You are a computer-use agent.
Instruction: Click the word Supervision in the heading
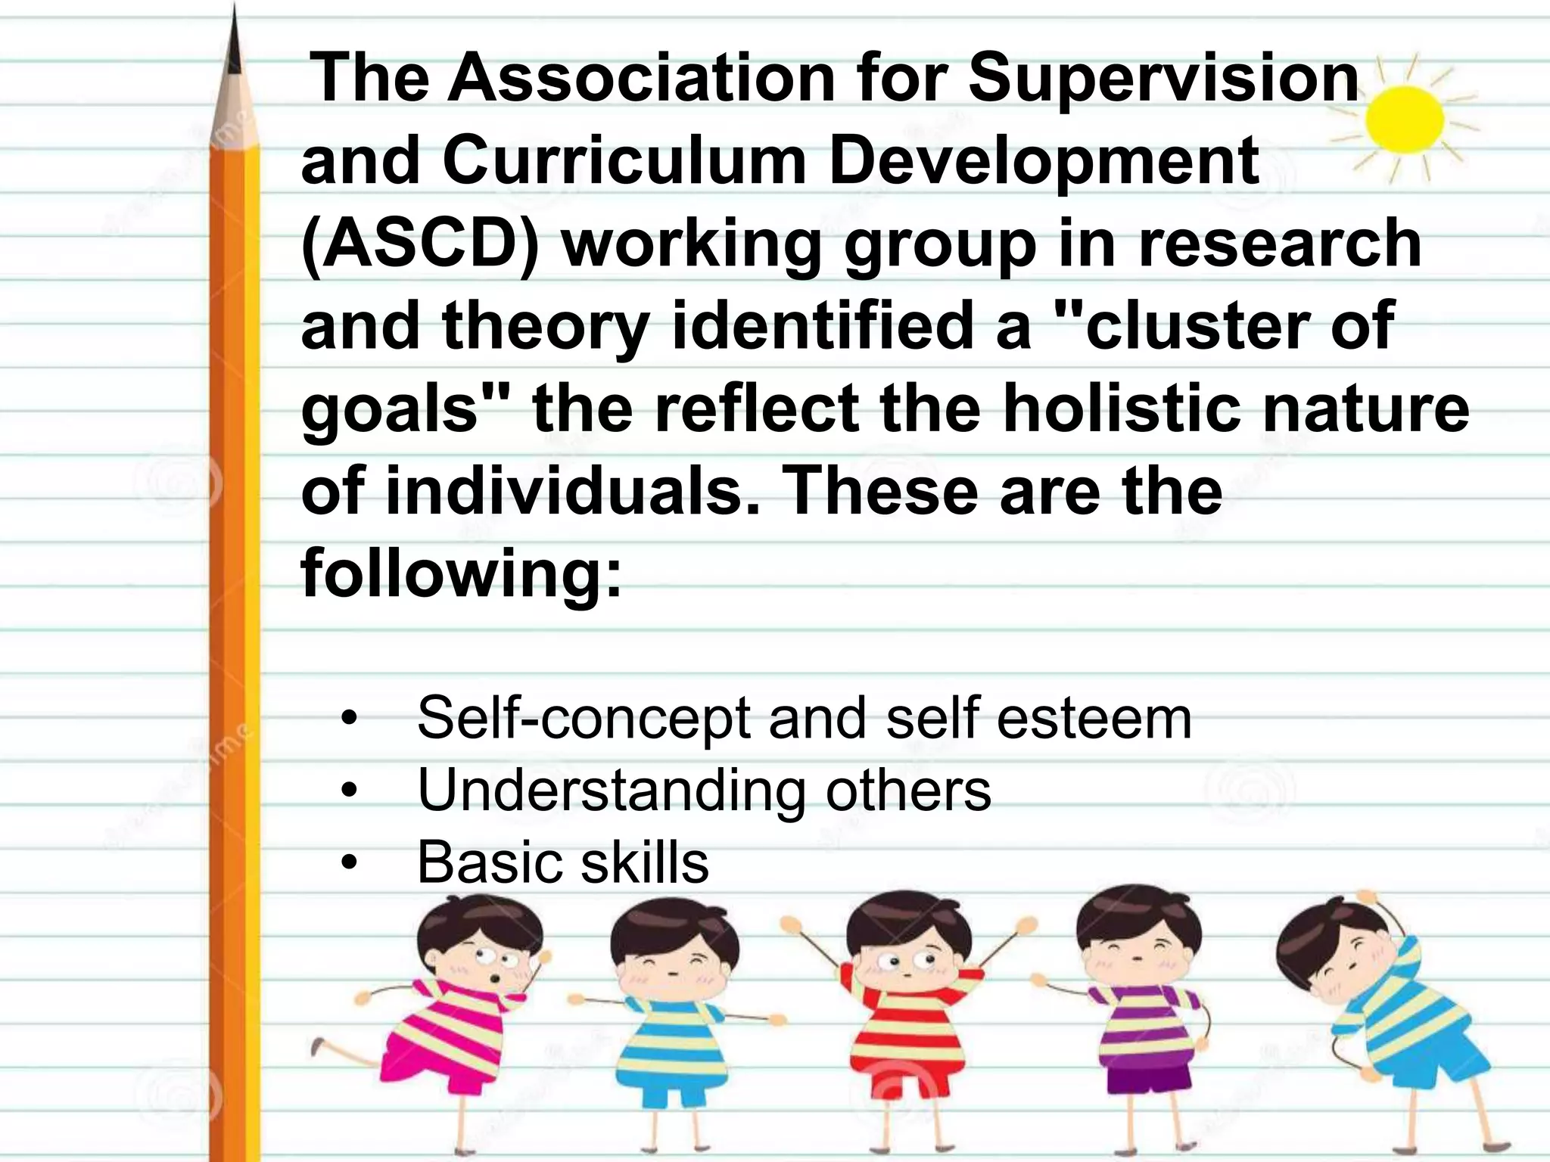tap(1163, 78)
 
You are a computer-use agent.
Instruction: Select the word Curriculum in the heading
tap(625, 160)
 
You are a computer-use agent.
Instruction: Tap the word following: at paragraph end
tap(462, 573)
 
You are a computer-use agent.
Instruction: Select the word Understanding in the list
tap(612, 791)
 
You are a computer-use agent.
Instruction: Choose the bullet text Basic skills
tap(563, 862)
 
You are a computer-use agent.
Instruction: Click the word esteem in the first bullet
tap(1094, 719)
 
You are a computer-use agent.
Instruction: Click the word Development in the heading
tap(1044, 160)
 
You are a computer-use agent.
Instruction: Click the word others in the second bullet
tap(907, 791)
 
